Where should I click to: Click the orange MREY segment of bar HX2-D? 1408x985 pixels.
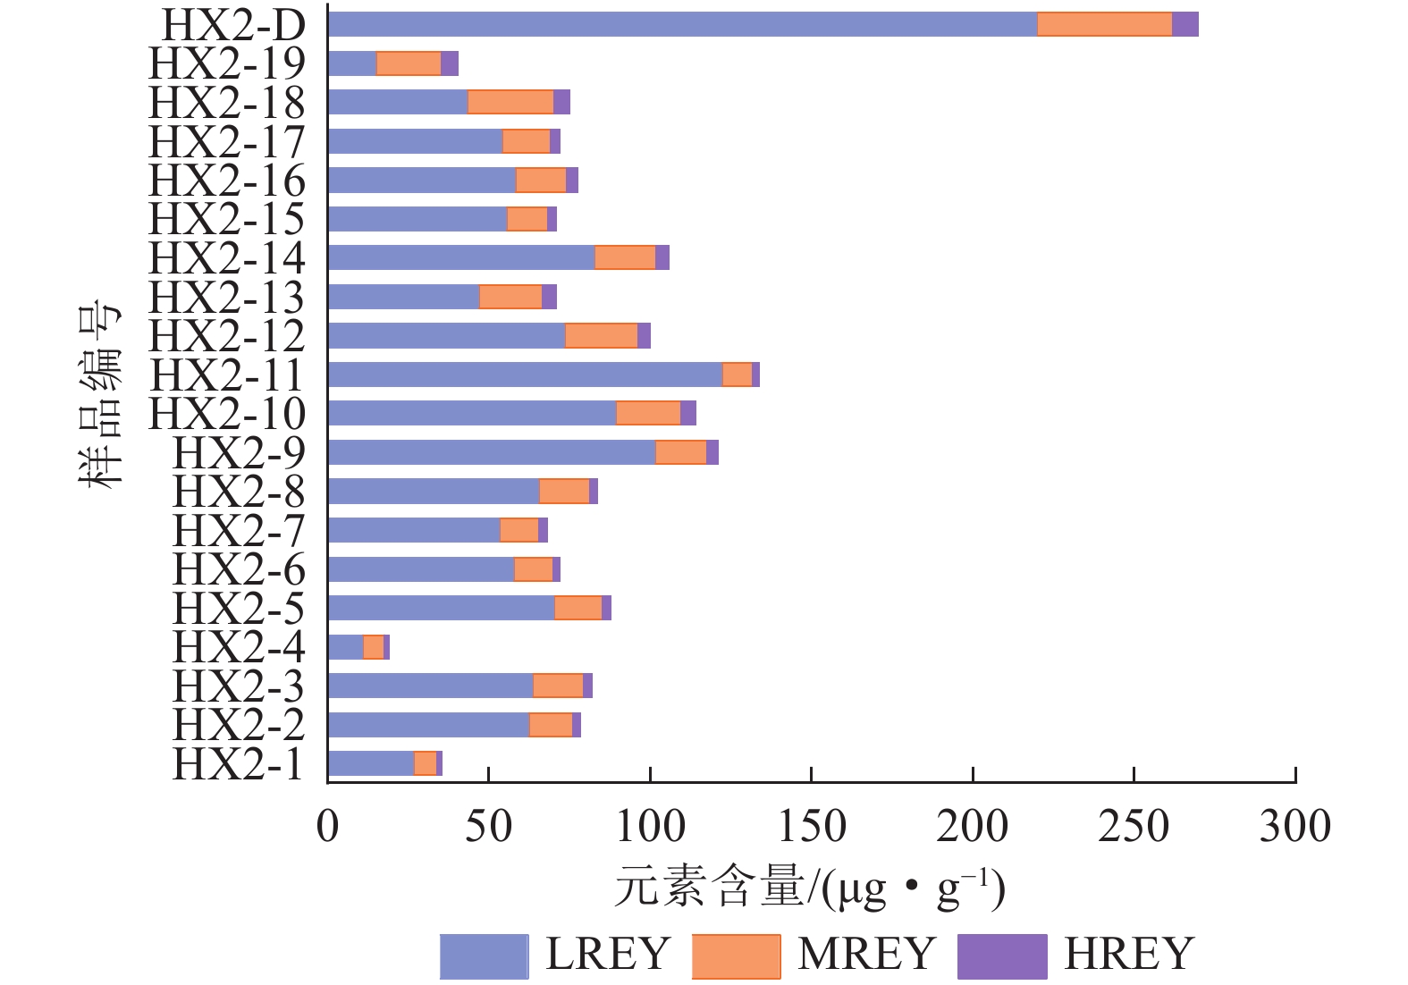(1104, 25)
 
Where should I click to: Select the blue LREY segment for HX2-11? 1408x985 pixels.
(525, 375)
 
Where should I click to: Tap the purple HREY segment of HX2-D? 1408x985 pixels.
(1185, 25)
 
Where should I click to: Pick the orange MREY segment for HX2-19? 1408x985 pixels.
(409, 63)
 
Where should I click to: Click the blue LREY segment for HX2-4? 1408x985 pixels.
(345, 646)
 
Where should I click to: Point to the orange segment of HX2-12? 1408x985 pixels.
(601, 335)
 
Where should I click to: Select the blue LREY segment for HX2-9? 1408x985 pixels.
(492, 452)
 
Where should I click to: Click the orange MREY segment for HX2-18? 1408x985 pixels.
(510, 102)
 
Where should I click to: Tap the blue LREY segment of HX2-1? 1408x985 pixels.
(371, 763)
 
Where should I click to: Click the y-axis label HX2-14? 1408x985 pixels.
(227, 258)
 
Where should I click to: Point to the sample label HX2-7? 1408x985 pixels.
(239, 531)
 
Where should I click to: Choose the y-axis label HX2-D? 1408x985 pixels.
(233, 25)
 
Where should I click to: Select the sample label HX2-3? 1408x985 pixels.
(239, 686)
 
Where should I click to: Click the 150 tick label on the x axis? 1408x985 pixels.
(812, 826)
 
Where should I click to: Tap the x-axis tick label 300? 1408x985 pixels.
(1294, 826)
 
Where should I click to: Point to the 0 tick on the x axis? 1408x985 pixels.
(328, 826)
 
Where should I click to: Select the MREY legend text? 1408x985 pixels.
(866, 954)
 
